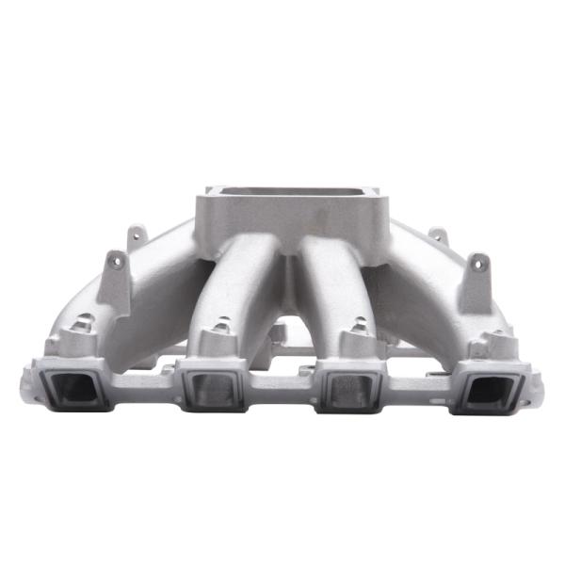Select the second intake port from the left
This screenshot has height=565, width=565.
tap(214, 389)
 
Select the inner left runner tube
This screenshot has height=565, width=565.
tap(240, 282)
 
